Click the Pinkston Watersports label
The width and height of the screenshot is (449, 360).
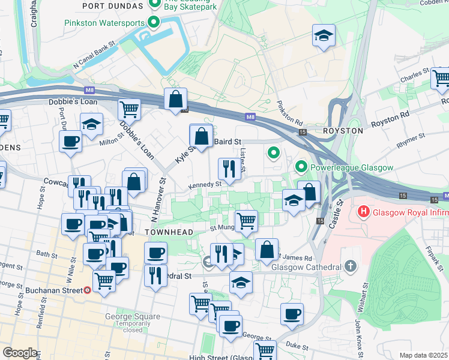point(104,23)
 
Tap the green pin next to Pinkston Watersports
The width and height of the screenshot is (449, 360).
point(154,23)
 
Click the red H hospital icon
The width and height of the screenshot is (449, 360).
point(363,211)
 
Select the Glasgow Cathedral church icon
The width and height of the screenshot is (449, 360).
point(351,266)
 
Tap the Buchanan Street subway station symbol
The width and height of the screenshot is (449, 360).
point(87,290)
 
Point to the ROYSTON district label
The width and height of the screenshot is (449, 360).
point(343,130)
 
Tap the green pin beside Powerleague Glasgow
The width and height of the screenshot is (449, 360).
point(301,167)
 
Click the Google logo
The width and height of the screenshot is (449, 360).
point(20,353)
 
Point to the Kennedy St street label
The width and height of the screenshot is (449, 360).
point(205,185)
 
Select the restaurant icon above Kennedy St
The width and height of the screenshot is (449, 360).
point(228,169)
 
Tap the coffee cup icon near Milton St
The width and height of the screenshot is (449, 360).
point(71,142)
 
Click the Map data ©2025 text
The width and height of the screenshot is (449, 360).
point(423,355)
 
